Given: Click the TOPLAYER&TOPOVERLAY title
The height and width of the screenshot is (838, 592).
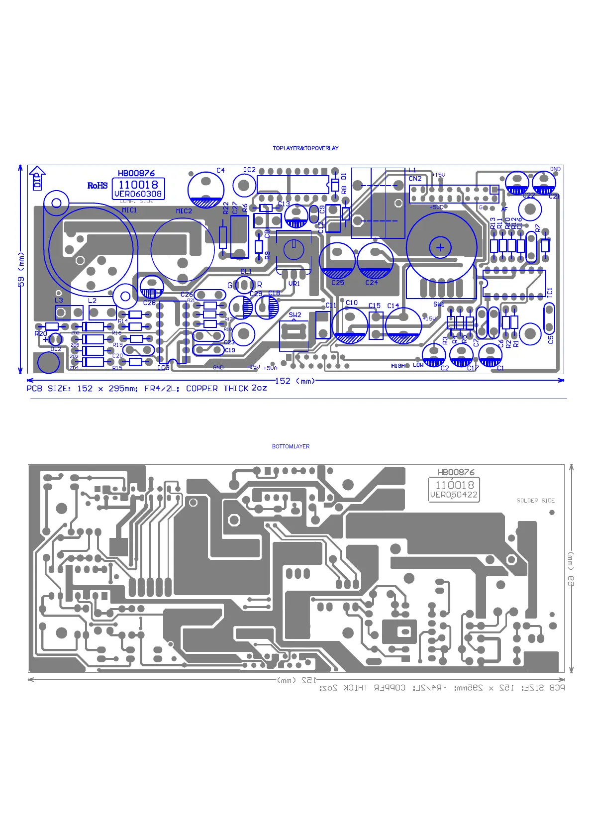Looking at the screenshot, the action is click(305, 148).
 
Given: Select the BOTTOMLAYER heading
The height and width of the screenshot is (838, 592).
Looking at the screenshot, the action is click(291, 446).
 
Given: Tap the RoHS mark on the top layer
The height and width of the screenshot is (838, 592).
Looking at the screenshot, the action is click(98, 186).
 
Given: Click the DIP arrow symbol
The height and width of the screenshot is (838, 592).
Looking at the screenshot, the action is click(37, 178).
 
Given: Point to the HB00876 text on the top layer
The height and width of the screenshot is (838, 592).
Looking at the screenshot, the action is click(136, 173).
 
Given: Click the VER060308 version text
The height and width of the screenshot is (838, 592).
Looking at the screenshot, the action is click(138, 194).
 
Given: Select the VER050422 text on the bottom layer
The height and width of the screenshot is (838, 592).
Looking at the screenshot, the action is click(454, 495).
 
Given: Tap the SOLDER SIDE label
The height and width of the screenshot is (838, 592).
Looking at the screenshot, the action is click(535, 501).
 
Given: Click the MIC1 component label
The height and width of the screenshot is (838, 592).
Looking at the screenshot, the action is click(129, 210).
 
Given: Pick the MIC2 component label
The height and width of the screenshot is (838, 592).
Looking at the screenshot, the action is click(184, 211).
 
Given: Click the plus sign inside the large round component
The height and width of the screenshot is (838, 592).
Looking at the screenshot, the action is click(440, 247).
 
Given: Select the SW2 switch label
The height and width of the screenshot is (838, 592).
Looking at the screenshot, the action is click(295, 314).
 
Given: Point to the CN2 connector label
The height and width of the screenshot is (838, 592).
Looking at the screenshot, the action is click(415, 179).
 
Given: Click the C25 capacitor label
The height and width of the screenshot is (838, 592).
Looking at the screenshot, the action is click(338, 283).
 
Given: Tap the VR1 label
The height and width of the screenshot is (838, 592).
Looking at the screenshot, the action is click(294, 284).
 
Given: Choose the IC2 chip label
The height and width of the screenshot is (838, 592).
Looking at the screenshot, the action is click(249, 170).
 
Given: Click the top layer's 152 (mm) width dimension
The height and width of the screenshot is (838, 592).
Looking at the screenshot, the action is click(296, 381).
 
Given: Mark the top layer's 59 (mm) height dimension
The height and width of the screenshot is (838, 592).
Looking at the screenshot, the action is click(21, 269).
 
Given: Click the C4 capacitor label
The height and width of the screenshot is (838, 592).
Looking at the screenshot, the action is click(220, 170).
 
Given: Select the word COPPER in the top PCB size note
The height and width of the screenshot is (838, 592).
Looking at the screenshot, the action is click(201, 388).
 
